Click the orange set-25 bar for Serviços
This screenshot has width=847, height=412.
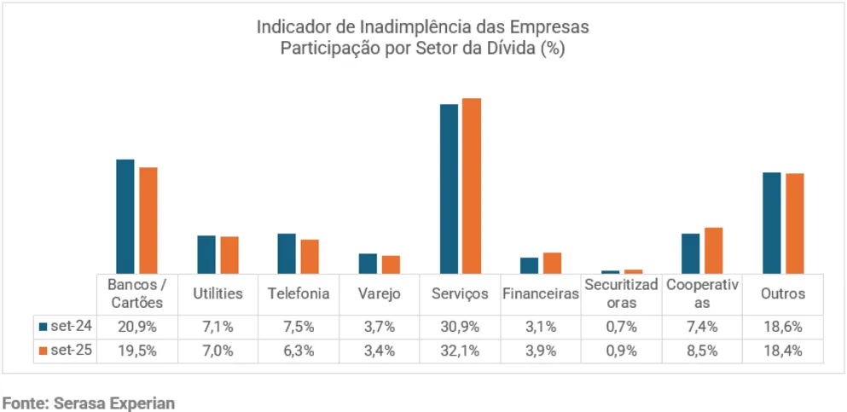tap(472, 186)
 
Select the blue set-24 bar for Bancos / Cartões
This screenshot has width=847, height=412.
tap(125, 216)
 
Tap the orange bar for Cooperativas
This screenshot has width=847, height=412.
tap(713, 250)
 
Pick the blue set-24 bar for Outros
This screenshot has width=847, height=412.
tap(772, 223)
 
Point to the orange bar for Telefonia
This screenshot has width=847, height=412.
tap(310, 256)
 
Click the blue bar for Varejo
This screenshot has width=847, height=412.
tap(368, 263)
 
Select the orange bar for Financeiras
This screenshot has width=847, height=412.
tap(552, 263)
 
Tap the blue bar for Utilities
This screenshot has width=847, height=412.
tap(206, 254)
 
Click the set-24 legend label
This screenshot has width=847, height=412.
tap(70, 326)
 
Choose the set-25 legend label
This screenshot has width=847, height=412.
tap(70, 351)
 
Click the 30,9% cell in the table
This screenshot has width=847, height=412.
tap(460, 326)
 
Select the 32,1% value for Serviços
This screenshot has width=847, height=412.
tap(460, 351)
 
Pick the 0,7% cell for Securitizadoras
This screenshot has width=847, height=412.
tap(622, 326)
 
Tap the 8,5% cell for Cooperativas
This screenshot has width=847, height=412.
tap(702, 351)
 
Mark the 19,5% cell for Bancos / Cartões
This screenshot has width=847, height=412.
tap(136, 351)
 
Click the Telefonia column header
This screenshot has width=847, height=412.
tap(299, 293)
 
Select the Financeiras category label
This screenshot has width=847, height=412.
tap(541, 293)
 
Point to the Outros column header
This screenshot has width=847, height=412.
tap(783, 293)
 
